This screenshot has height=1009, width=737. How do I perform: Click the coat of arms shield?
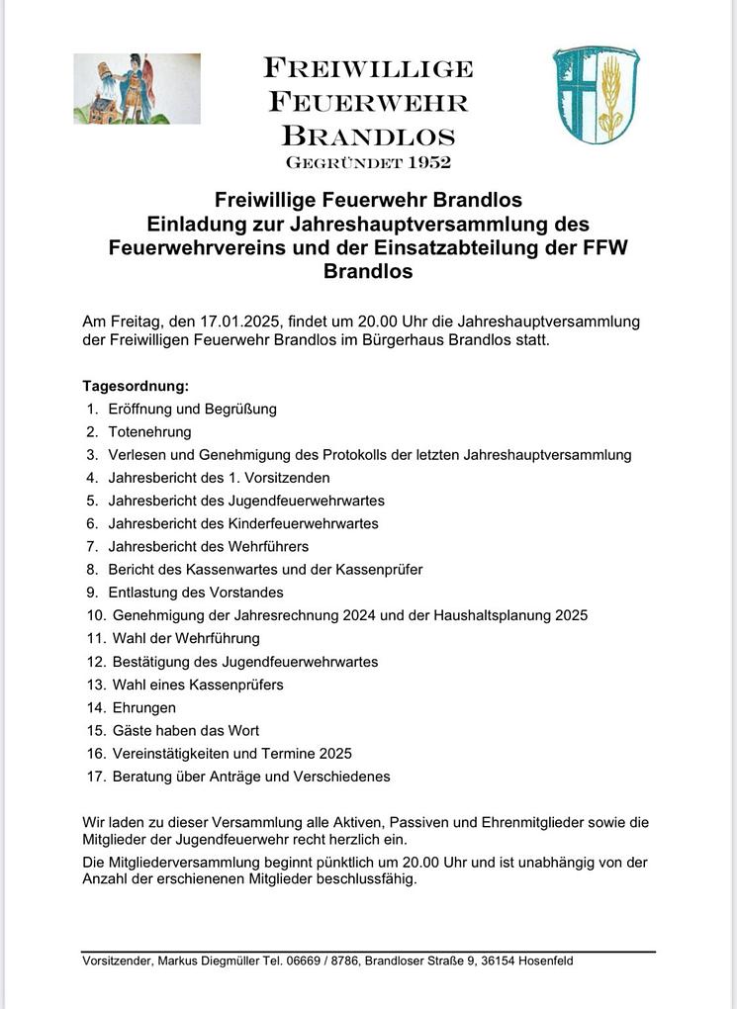click(x=596, y=95)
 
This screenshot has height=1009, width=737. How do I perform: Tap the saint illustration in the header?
click(x=137, y=89)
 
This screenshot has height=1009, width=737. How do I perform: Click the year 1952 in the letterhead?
click(x=426, y=162)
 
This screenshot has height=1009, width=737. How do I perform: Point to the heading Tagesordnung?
click(x=136, y=386)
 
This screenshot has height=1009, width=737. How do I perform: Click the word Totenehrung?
click(x=150, y=432)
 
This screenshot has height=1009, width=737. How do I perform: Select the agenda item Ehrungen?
click(x=143, y=707)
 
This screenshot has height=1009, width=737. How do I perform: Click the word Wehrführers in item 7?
click(x=270, y=546)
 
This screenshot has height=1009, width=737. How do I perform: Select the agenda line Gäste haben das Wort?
click(x=186, y=730)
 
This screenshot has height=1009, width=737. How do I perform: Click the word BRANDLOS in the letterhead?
click(x=368, y=136)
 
